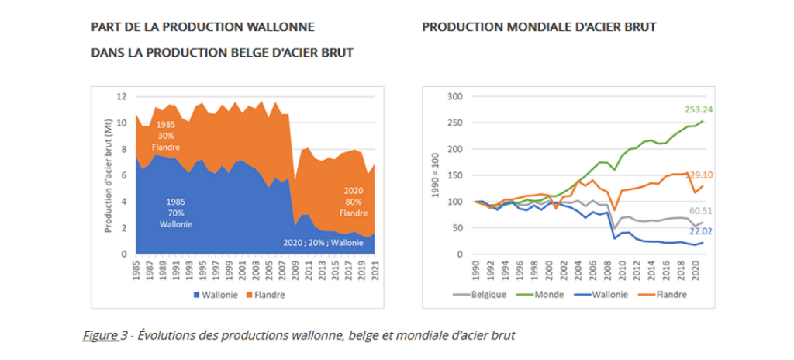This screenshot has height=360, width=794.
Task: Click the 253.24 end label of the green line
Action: (699, 109)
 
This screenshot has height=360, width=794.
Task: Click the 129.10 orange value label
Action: (700, 176)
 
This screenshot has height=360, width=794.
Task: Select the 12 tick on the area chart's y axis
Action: (120, 96)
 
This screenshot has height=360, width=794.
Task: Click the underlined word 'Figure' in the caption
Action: (100, 335)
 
